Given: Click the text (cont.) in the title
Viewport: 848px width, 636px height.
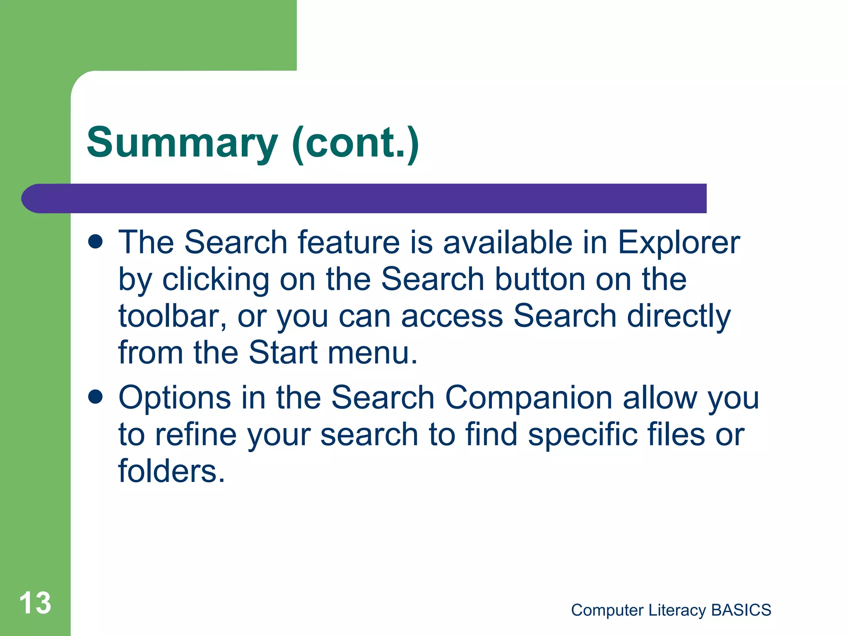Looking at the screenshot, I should (355, 143).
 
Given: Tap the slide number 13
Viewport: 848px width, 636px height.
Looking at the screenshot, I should (35, 603).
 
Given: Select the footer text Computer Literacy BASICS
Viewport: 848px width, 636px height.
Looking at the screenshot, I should (671, 610).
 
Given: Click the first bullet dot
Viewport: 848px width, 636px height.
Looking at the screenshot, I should (95, 242).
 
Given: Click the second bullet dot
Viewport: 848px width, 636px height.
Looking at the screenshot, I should (95, 397).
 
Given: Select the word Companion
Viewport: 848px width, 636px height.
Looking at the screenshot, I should (528, 397).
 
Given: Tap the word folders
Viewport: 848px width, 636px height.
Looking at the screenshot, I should (171, 471).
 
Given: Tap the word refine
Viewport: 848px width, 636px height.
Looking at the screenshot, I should (196, 435).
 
